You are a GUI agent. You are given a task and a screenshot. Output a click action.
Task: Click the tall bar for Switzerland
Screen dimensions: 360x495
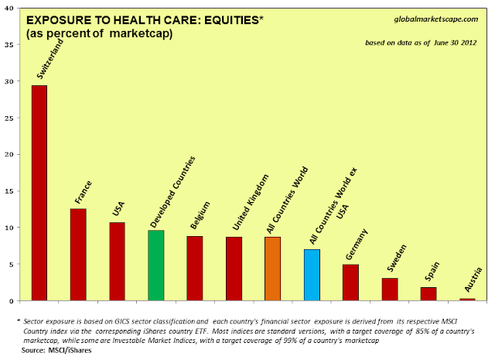[39, 193]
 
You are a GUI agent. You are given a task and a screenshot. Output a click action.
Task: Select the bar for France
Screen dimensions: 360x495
[77, 255]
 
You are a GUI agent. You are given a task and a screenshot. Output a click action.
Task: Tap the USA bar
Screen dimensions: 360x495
[117, 261]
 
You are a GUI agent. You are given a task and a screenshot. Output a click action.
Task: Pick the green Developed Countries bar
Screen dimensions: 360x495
[155, 266]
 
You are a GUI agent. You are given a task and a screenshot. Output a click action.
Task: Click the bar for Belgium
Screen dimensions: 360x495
[195, 268]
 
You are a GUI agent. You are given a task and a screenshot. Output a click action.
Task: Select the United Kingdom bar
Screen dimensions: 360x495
[234, 269]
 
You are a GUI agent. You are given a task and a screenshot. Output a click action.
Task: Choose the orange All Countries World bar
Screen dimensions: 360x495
[272, 269]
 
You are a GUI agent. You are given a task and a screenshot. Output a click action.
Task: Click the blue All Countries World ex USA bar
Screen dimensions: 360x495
[312, 275]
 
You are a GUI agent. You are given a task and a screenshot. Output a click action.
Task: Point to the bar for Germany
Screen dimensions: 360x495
[350, 283]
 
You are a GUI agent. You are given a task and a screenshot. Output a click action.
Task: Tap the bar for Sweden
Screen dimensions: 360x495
[389, 290]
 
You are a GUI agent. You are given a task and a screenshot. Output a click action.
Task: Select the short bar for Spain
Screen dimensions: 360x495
[428, 294]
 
